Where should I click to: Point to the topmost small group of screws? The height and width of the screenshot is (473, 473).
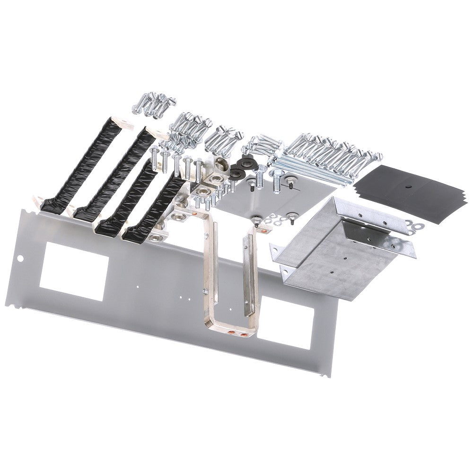(x=155, y=103)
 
